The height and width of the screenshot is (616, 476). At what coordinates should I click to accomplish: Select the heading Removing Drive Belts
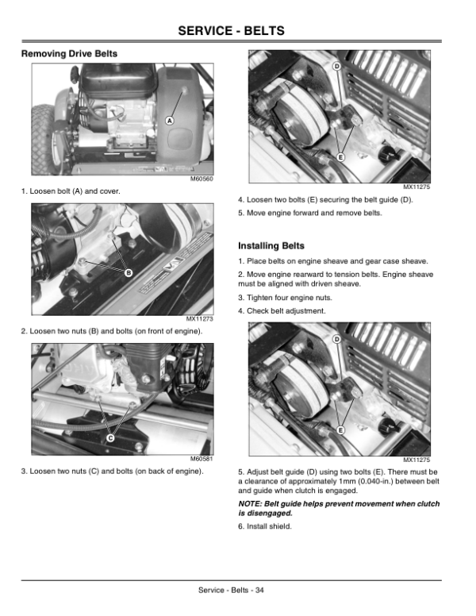pos(69,54)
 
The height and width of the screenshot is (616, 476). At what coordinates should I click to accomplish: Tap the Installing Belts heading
pos(271,246)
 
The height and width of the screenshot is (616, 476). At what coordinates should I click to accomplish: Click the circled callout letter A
pos(169,120)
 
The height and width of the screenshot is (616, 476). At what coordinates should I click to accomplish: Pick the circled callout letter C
pos(110,438)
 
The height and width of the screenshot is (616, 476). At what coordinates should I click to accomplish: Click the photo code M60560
pos(202,179)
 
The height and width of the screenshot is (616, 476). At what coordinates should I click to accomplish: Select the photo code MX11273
pos(200,318)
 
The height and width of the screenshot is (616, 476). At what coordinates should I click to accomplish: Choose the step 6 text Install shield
pos(265,527)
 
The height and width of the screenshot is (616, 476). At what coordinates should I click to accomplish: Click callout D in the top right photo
pos(336,66)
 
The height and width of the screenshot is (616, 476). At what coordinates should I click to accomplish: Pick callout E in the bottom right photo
pos(339,429)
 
